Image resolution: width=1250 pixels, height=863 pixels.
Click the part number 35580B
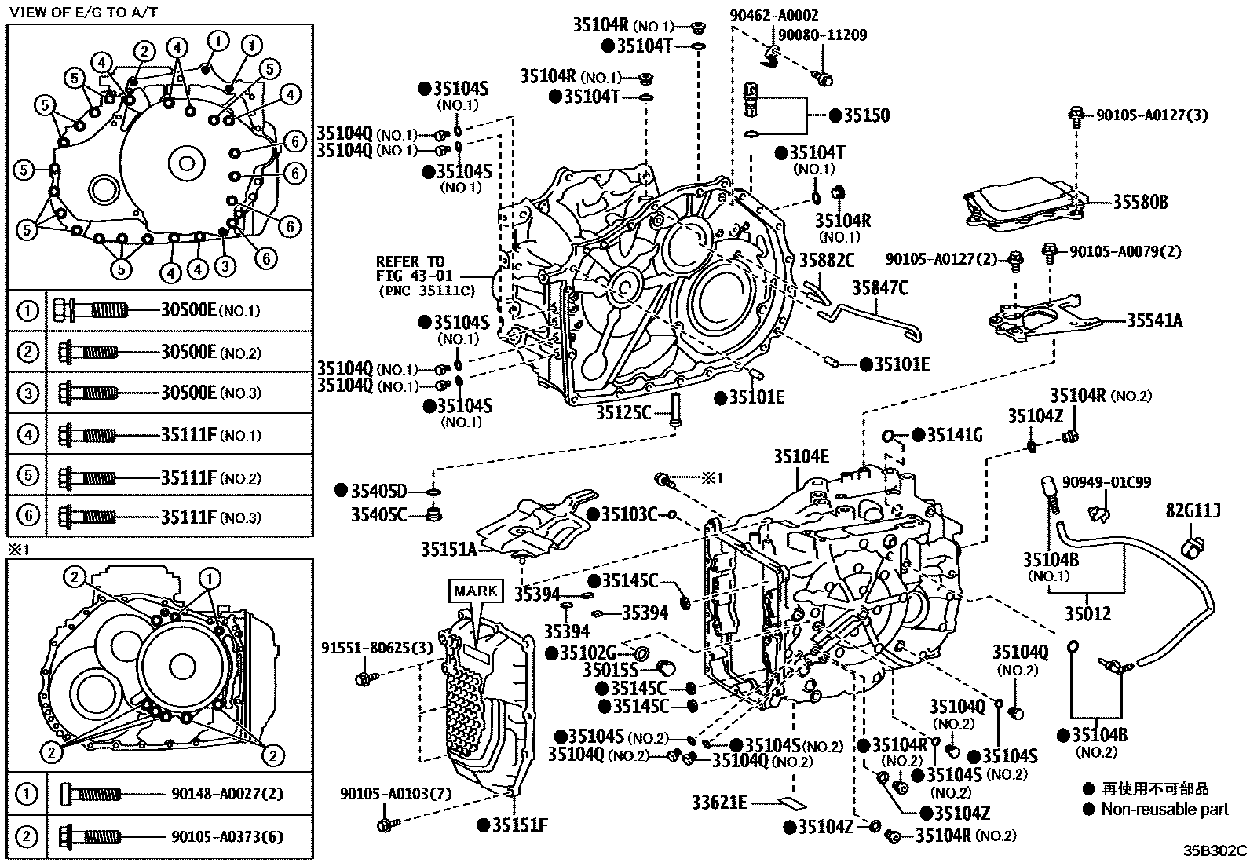[1139, 203]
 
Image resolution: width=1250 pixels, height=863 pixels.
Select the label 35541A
[1154, 320]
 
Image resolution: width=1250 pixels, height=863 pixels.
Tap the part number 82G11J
[1192, 511]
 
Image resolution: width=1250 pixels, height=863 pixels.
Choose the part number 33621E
[719, 803]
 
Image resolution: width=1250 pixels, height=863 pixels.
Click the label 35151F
[519, 825]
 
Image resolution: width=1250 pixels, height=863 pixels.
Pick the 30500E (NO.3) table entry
[188, 393]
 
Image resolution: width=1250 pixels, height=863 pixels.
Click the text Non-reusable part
[1164, 809]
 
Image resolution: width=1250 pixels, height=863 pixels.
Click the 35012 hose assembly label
[1087, 613]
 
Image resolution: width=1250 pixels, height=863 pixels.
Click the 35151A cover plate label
[448, 549]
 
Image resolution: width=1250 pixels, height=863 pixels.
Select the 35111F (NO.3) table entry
[188, 517]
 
